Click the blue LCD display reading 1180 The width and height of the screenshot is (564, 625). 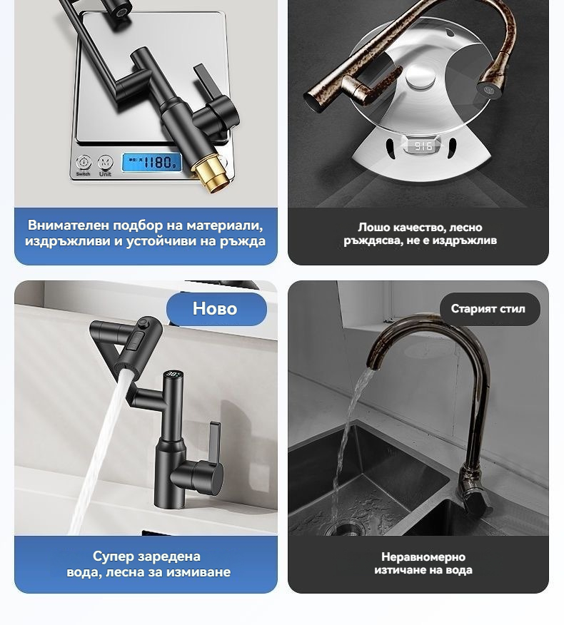click(151, 163)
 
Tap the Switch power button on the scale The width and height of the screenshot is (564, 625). click(84, 163)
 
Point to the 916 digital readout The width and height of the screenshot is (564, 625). click(423, 146)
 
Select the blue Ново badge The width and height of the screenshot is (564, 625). click(216, 309)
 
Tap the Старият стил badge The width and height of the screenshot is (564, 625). click(490, 309)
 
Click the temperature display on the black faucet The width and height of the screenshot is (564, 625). click(173, 375)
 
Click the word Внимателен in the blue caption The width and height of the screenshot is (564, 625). click(69, 225)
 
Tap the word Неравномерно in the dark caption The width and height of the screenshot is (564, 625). click(423, 557)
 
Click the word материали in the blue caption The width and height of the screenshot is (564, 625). click(225, 225)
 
